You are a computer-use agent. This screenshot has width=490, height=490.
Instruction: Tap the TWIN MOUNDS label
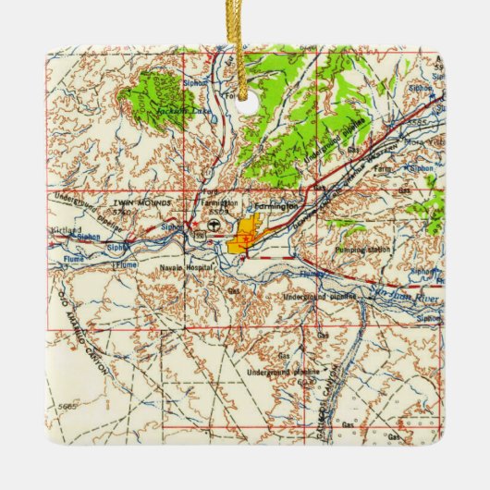[x=131, y=202]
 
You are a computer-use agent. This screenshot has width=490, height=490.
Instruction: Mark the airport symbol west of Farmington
[x=214, y=227]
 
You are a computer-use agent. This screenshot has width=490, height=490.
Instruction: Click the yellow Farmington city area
[x=245, y=233]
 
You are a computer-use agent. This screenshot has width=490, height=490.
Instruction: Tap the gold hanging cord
[x=244, y=37]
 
